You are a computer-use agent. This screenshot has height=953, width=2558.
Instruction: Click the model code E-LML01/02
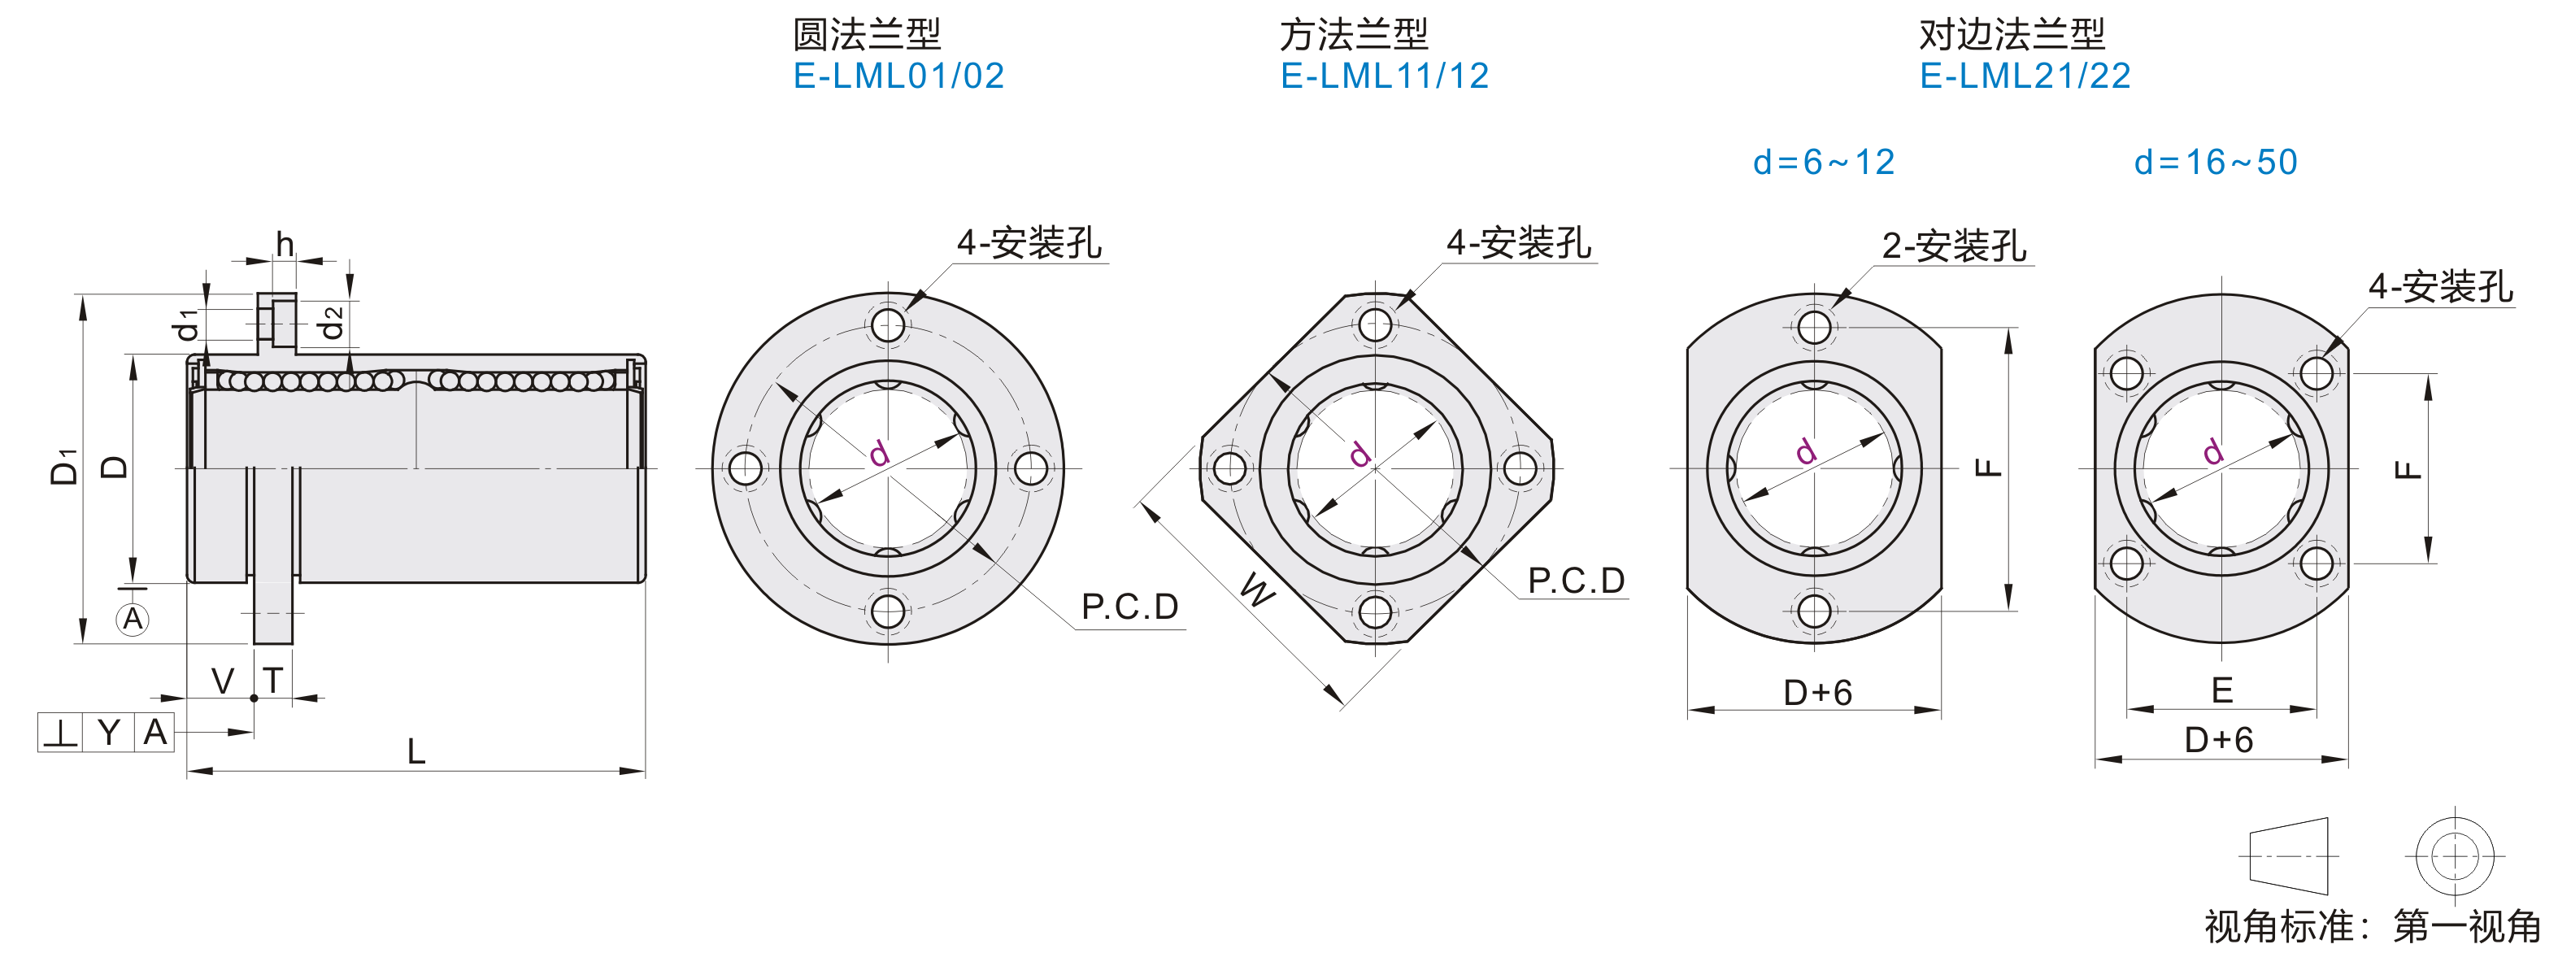898,76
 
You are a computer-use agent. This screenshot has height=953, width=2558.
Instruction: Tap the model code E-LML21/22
2025,76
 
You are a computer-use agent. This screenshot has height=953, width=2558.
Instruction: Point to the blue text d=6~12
1823,162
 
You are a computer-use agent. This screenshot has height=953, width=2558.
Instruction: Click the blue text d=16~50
2216,162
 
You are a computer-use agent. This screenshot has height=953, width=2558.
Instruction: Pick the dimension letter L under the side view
416,751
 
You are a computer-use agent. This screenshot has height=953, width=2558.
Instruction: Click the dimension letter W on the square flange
1258,590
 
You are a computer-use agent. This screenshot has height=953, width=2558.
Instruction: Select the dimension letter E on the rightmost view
2222,690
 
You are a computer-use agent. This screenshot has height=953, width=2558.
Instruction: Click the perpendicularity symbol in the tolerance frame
60,733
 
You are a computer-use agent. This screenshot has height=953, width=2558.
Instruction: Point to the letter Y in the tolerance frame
108,733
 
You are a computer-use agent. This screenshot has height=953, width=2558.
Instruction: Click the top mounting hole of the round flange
888,324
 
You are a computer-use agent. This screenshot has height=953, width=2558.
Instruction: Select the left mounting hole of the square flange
1229,468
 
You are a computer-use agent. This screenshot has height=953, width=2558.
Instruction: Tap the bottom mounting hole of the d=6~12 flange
1814,611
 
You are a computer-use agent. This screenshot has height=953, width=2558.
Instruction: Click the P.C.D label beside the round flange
1129,607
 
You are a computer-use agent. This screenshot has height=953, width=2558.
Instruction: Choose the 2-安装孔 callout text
1953,246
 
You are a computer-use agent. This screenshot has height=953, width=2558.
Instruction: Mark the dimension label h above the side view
285,244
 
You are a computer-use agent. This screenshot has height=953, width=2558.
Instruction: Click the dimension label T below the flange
273,681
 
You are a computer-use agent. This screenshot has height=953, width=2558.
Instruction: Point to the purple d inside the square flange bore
1360,455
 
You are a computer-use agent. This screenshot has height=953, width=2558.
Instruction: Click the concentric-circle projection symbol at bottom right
2454,855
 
